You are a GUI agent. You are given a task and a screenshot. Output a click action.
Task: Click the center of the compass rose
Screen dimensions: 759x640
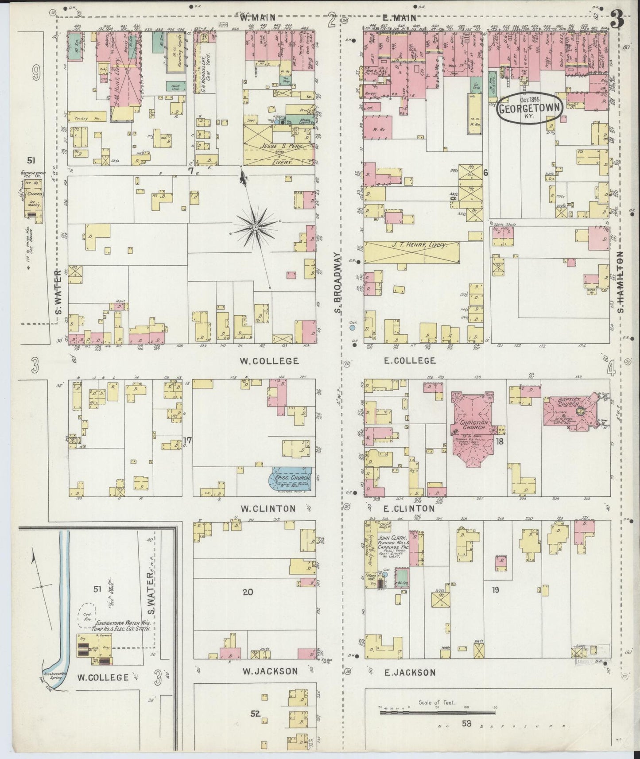point(256,227)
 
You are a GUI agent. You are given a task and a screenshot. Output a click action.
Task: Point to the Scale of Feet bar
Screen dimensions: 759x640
point(437,713)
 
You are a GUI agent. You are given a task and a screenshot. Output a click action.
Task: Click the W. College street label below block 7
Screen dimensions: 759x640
point(269,361)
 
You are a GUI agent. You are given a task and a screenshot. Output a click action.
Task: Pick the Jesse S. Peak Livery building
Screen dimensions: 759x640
point(279,145)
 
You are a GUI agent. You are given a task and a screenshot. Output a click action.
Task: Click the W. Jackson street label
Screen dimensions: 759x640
point(270,671)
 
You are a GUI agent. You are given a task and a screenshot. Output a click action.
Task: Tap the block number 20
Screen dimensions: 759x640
point(248,591)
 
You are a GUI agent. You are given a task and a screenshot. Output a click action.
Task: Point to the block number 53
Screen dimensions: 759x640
point(466,724)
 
